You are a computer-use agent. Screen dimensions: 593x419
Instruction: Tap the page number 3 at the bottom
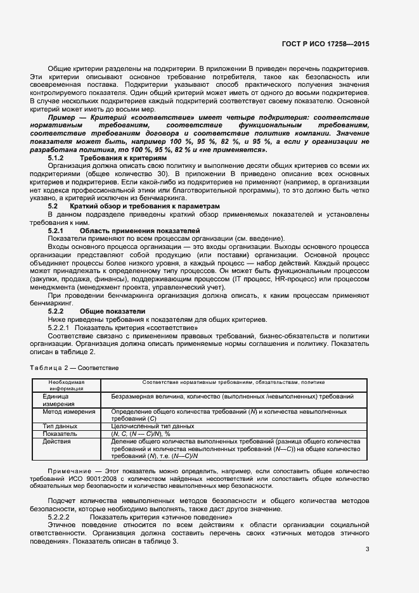pyautogui.click(x=368, y=549)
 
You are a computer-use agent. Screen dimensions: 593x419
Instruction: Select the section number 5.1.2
pyautogui.click(x=56, y=157)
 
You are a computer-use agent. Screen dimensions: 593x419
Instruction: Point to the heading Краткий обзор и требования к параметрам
pyautogui.click(x=145, y=207)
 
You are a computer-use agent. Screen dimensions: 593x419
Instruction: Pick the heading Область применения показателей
pyautogui.click(x=131, y=231)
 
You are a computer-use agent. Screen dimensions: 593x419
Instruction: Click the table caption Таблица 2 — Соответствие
pyautogui.click(x=75, y=367)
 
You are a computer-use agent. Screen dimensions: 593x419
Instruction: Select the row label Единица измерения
pyautogui.click(x=60, y=399)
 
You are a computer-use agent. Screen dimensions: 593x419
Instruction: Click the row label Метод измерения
pyautogui.click(x=68, y=411)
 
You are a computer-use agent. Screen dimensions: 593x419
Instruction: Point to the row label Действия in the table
pyautogui.click(x=57, y=441)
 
